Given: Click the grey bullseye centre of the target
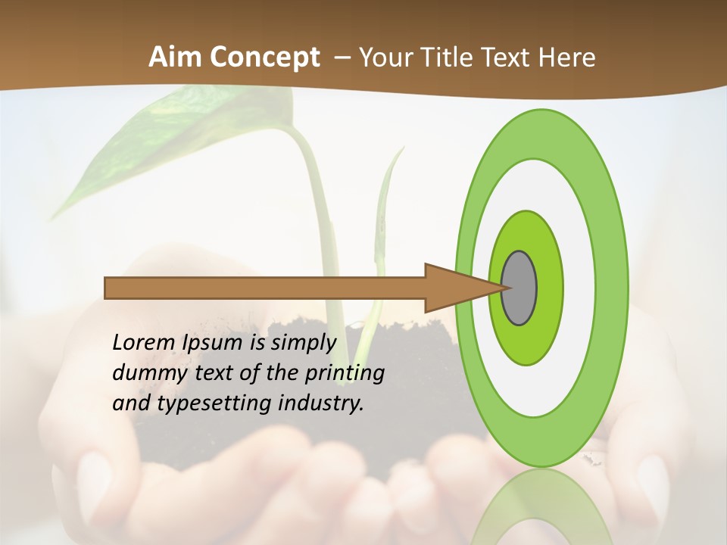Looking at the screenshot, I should [x=520, y=288].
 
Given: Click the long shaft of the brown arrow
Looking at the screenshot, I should [x=265, y=288].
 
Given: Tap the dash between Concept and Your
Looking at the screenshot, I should [x=342, y=58].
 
